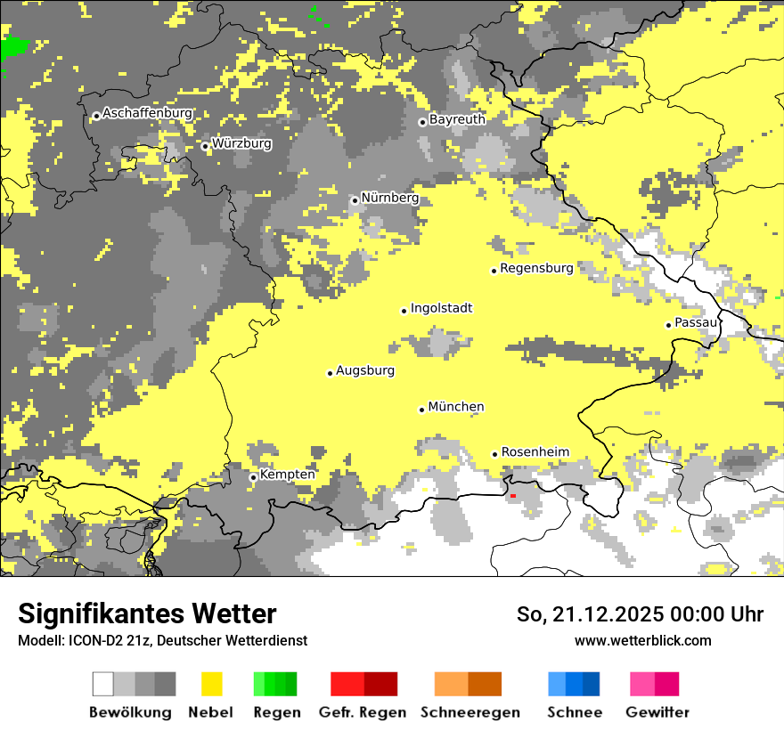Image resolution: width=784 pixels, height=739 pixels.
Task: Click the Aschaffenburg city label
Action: pyautogui.click(x=147, y=114)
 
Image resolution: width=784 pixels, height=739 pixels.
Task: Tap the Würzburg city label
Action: pyautogui.click(x=241, y=143)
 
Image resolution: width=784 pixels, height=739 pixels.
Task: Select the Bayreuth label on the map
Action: pyautogui.click(x=457, y=119)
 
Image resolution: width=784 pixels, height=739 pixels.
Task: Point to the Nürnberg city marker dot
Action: pyautogui.click(x=355, y=200)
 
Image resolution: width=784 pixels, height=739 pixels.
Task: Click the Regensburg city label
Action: pyautogui.click(x=536, y=268)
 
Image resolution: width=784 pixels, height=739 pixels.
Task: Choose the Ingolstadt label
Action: pyautogui.click(x=441, y=309)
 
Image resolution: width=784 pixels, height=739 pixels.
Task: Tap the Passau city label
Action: pyautogui.click(x=696, y=323)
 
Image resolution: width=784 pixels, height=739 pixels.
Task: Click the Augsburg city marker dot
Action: pyautogui.click(x=330, y=373)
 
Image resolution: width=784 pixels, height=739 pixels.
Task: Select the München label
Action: pyautogui.click(x=456, y=407)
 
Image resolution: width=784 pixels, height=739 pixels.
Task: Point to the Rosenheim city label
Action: pyautogui.click(x=535, y=452)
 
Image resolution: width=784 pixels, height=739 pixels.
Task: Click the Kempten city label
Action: pyautogui.click(x=287, y=475)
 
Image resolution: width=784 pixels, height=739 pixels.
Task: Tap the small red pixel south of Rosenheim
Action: pyautogui.click(x=512, y=495)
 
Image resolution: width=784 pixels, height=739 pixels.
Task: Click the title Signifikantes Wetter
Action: pyautogui.click(x=147, y=614)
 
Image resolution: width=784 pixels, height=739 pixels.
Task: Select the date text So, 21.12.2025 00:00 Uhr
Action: pyautogui.click(x=640, y=614)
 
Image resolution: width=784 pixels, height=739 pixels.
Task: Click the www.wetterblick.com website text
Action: pyautogui.click(x=642, y=640)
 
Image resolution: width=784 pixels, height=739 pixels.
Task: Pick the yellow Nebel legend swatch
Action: pyautogui.click(x=212, y=684)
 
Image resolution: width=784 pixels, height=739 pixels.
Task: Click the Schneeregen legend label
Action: pyautogui.click(x=470, y=712)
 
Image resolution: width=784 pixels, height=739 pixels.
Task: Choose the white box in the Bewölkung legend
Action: pyautogui.click(x=103, y=684)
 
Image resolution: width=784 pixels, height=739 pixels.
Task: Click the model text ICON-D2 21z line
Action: pyautogui.click(x=162, y=641)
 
